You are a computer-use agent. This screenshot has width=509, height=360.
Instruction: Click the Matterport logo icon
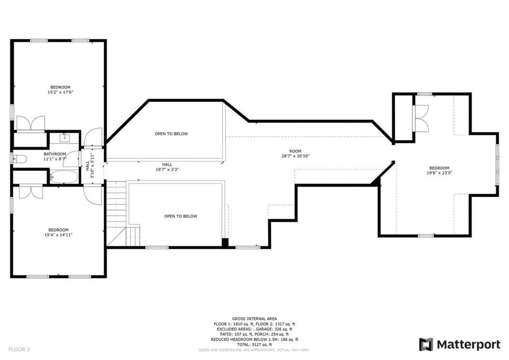[x=426, y=344]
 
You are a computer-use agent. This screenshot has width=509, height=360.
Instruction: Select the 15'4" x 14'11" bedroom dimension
[x=58, y=235]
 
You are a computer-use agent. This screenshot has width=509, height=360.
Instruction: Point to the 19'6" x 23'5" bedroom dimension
[x=439, y=173]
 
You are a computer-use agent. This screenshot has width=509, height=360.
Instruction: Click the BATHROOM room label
[x=55, y=154]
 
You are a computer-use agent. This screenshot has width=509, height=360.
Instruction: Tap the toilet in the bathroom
[x=18, y=158]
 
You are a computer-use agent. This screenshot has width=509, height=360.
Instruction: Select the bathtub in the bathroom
[x=63, y=176]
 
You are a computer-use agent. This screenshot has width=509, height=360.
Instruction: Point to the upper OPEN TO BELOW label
[x=171, y=134]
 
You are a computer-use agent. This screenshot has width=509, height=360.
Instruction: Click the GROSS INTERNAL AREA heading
[x=254, y=319]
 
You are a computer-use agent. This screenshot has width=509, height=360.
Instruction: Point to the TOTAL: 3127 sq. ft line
[x=254, y=345]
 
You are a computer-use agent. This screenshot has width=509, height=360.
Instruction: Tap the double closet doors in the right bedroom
[x=421, y=118]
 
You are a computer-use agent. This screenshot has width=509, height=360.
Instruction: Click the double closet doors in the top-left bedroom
[x=30, y=124]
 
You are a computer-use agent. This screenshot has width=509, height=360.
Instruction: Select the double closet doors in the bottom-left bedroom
[x=31, y=192]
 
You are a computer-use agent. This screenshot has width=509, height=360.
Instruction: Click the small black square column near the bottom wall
[x=225, y=243]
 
